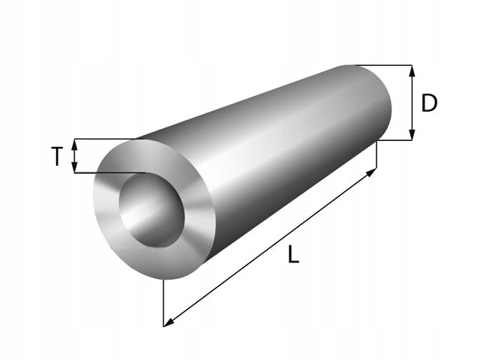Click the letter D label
[429, 103]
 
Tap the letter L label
[293, 255]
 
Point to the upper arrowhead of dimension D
[412, 70]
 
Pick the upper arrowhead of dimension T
[74, 143]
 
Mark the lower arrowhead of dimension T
[74, 168]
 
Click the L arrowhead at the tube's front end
[168, 322]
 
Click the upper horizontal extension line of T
[105, 139]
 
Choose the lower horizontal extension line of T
[105, 173]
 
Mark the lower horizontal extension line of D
[397, 140]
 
